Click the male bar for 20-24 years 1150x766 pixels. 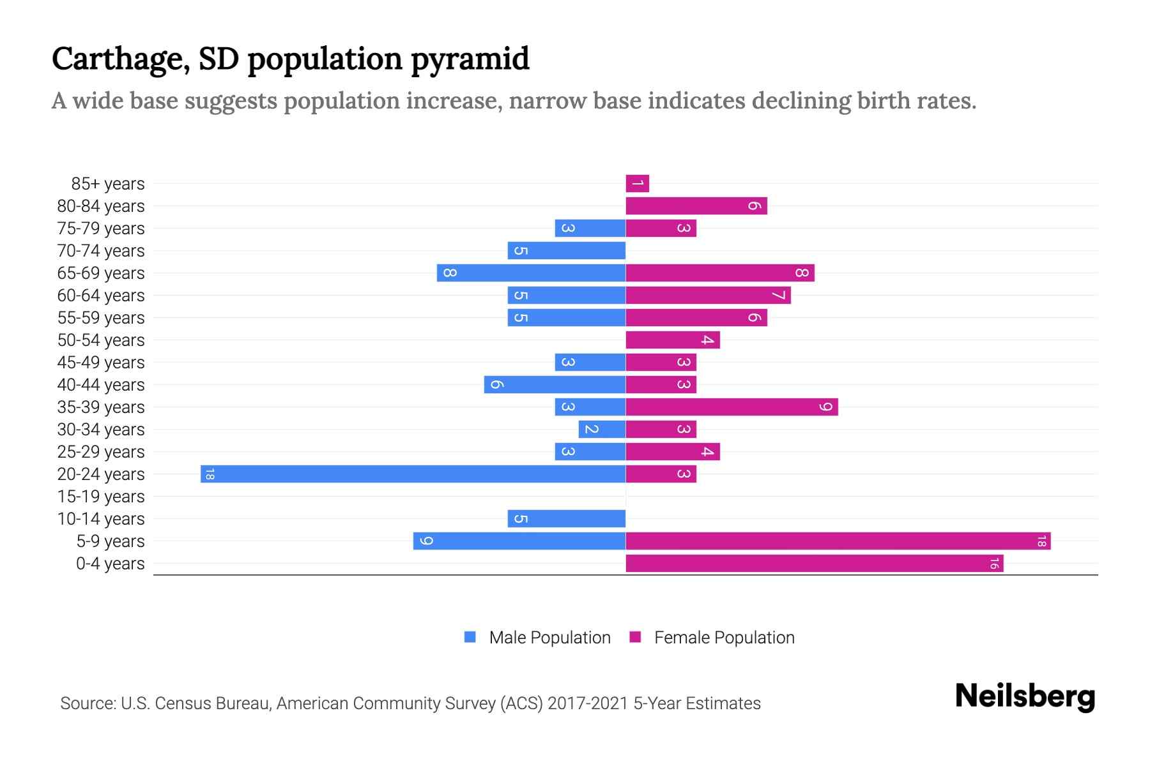click(x=413, y=474)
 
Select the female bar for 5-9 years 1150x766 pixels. click(x=838, y=541)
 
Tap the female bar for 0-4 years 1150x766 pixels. click(x=814, y=563)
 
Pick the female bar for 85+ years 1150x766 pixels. click(x=637, y=184)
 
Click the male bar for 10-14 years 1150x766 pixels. click(x=566, y=518)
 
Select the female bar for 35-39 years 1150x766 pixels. click(x=732, y=407)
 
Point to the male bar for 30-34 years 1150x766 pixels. click(x=602, y=429)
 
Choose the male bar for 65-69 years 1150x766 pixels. click(x=531, y=273)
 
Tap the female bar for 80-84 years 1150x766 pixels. click(x=696, y=206)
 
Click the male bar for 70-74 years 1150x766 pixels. click(x=566, y=250)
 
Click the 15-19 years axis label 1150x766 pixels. click(x=101, y=496)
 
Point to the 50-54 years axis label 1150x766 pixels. click(x=101, y=340)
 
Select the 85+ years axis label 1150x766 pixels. click(x=108, y=184)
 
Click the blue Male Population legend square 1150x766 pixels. click(x=470, y=637)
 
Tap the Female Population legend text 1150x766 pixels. click(x=724, y=637)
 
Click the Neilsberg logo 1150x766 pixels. click(x=1025, y=696)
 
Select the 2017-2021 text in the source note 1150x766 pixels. click(x=587, y=703)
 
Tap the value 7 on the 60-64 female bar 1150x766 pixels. click(x=778, y=295)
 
